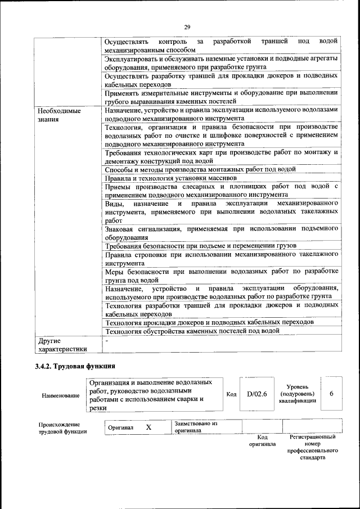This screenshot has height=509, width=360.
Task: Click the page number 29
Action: [x=187, y=26]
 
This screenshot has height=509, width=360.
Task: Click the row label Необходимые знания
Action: [x=56, y=115]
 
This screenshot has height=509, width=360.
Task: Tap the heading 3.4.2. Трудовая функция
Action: [x=75, y=367]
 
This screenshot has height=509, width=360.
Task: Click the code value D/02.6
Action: [x=256, y=394]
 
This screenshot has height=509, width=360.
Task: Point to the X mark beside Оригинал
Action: [x=148, y=427]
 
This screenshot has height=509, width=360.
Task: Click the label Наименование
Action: [x=60, y=395]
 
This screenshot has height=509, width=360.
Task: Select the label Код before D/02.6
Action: [x=231, y=394]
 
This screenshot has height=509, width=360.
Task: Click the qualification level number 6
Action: [x=332, y=394]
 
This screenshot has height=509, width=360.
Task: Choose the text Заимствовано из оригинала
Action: [x=196, y=427]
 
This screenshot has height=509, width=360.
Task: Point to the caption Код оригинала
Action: [x=262, y=440]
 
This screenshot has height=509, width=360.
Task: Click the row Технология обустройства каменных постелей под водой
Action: [x=192, y=331]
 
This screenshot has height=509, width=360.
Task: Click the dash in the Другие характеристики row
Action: [x=106, y=341]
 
